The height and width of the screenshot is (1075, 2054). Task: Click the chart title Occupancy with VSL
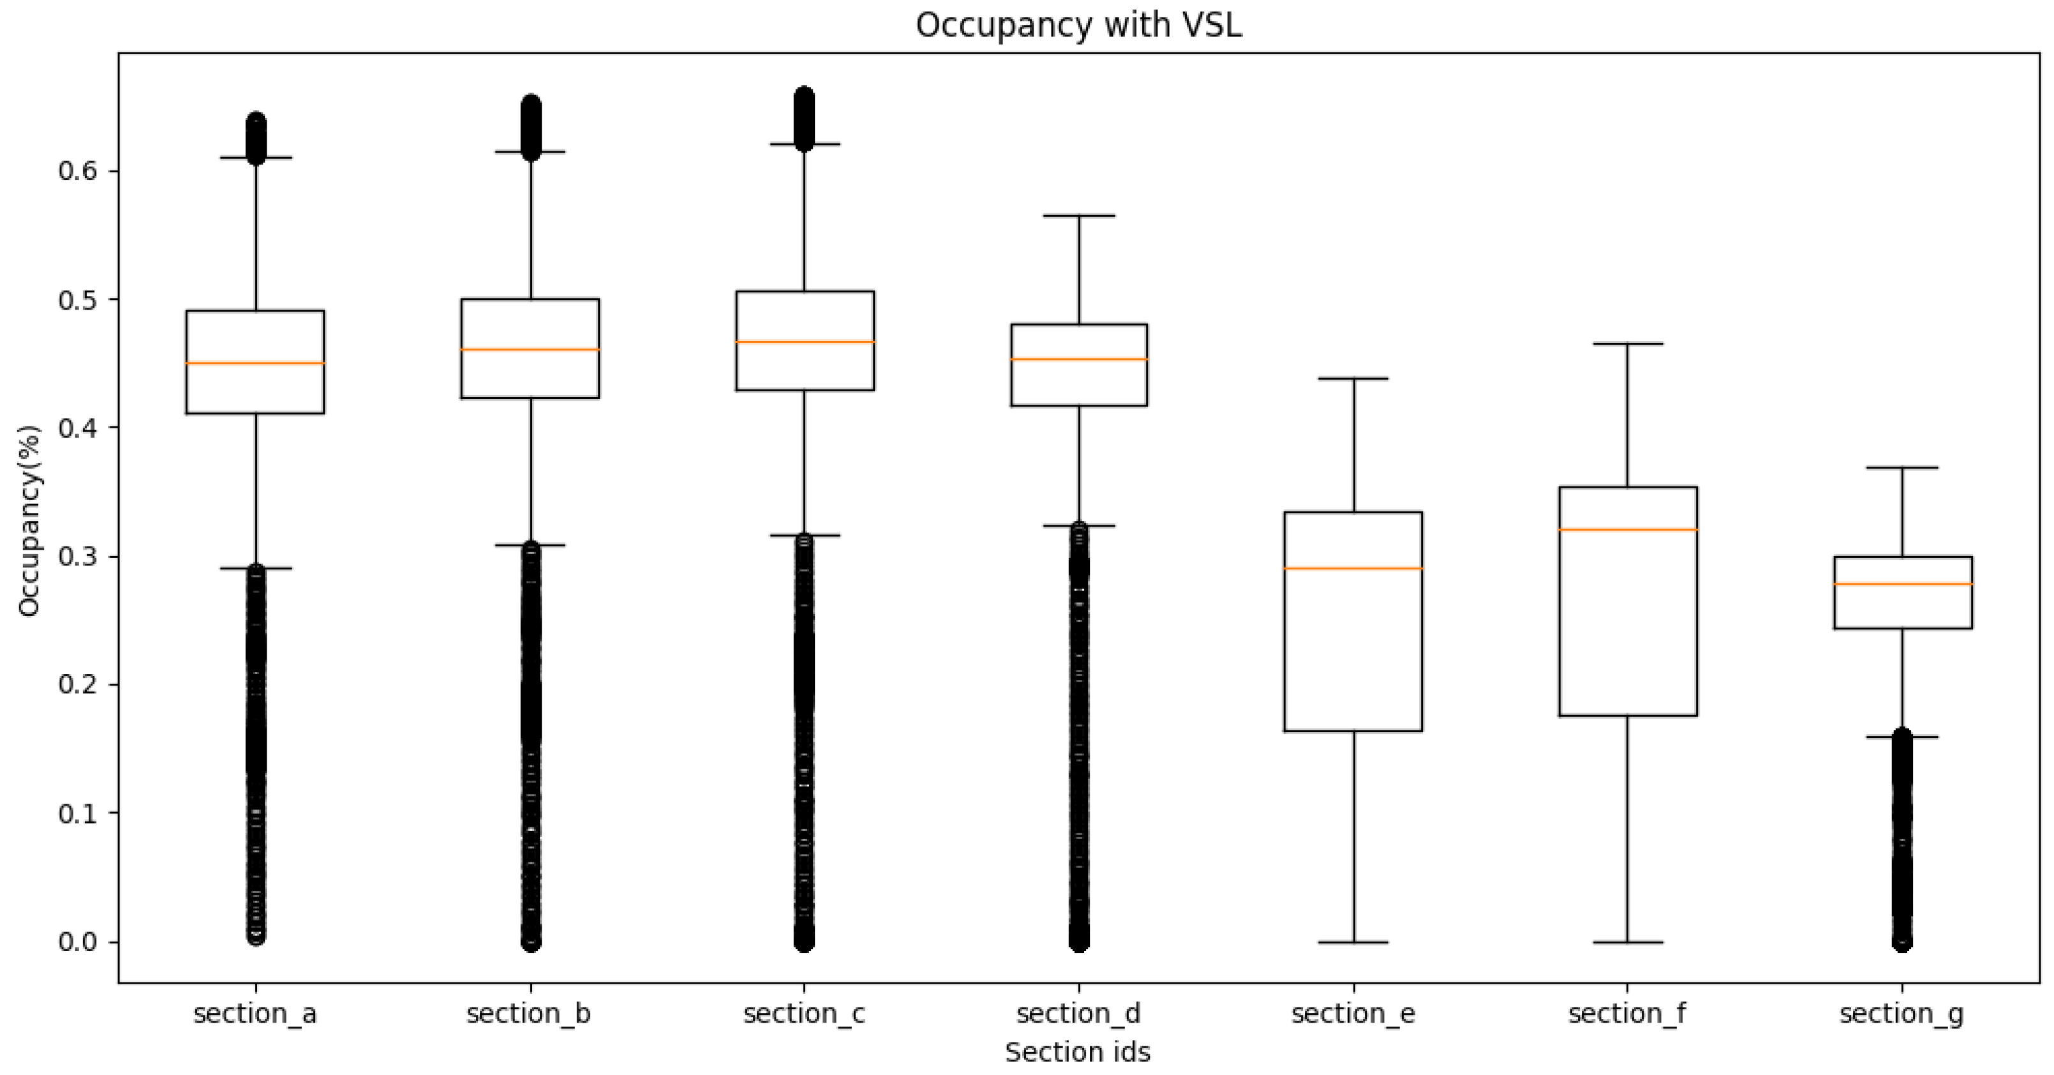(1078, 25)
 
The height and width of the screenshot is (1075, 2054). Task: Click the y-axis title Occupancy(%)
(29, 521)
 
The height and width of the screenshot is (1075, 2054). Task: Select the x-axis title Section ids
(1077, 1052)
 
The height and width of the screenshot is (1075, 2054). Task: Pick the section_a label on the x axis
(255, 1014)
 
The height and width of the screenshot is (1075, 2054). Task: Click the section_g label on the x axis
(1901, 1014)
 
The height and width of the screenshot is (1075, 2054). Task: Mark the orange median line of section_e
(1353, 569)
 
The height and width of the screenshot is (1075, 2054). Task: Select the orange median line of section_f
(1627, 530)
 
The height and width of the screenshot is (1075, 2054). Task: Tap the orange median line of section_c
(805, 342)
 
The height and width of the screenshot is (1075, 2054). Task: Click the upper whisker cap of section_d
(1079, 215)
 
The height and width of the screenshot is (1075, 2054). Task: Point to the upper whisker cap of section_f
(1627, 343)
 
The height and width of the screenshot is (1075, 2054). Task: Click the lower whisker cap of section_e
(1353, 942)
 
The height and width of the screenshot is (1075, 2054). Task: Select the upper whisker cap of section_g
(1903, 467)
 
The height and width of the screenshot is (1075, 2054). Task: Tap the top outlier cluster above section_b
(531, 128)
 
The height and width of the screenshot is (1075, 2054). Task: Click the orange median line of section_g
(1903, 583)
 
